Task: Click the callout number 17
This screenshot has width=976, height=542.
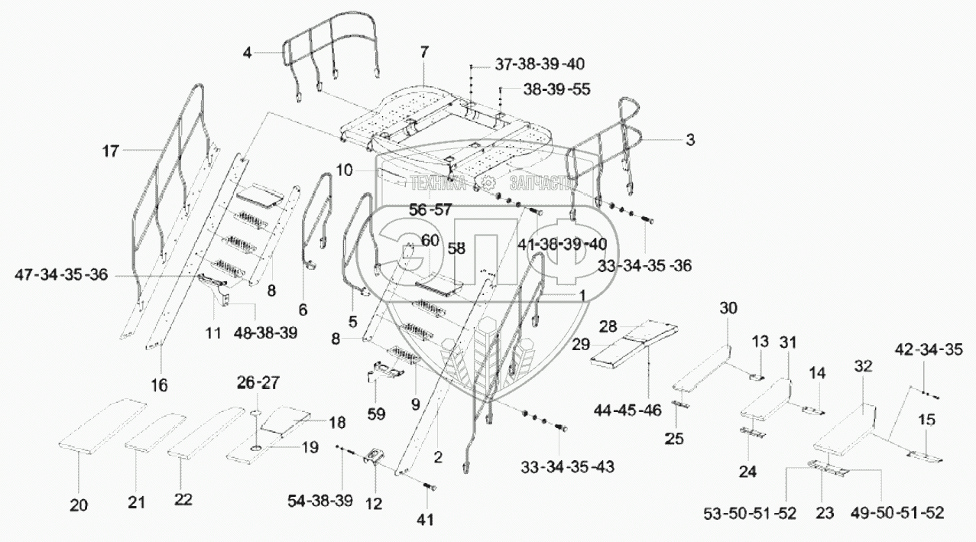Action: (x=111, y=151)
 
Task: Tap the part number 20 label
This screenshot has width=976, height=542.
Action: (x=79, y=505)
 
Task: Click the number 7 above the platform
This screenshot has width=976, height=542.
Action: (x=424, y=52)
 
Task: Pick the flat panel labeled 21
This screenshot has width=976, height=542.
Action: (x=155, y=432)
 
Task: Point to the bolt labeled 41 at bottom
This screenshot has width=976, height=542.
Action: (x=428, y=486)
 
